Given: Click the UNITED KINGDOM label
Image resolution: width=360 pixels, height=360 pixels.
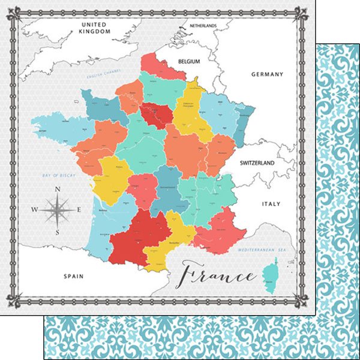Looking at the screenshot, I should coord(96,28).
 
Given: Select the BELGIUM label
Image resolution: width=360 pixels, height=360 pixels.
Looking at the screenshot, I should coord(189,61).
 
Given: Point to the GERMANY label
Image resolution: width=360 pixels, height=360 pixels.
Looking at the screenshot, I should coord(266,74).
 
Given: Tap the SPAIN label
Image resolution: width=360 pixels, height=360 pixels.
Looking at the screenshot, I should coord(73,276).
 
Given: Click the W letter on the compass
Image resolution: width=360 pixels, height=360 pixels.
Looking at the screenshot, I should coord(34,210).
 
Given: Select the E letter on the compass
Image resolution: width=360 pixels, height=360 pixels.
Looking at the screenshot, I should coord(80,210).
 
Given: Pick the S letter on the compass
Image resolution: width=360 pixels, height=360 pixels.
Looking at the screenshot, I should coord(57,232).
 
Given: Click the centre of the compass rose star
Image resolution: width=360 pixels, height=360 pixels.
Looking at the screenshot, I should coord(57,210).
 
